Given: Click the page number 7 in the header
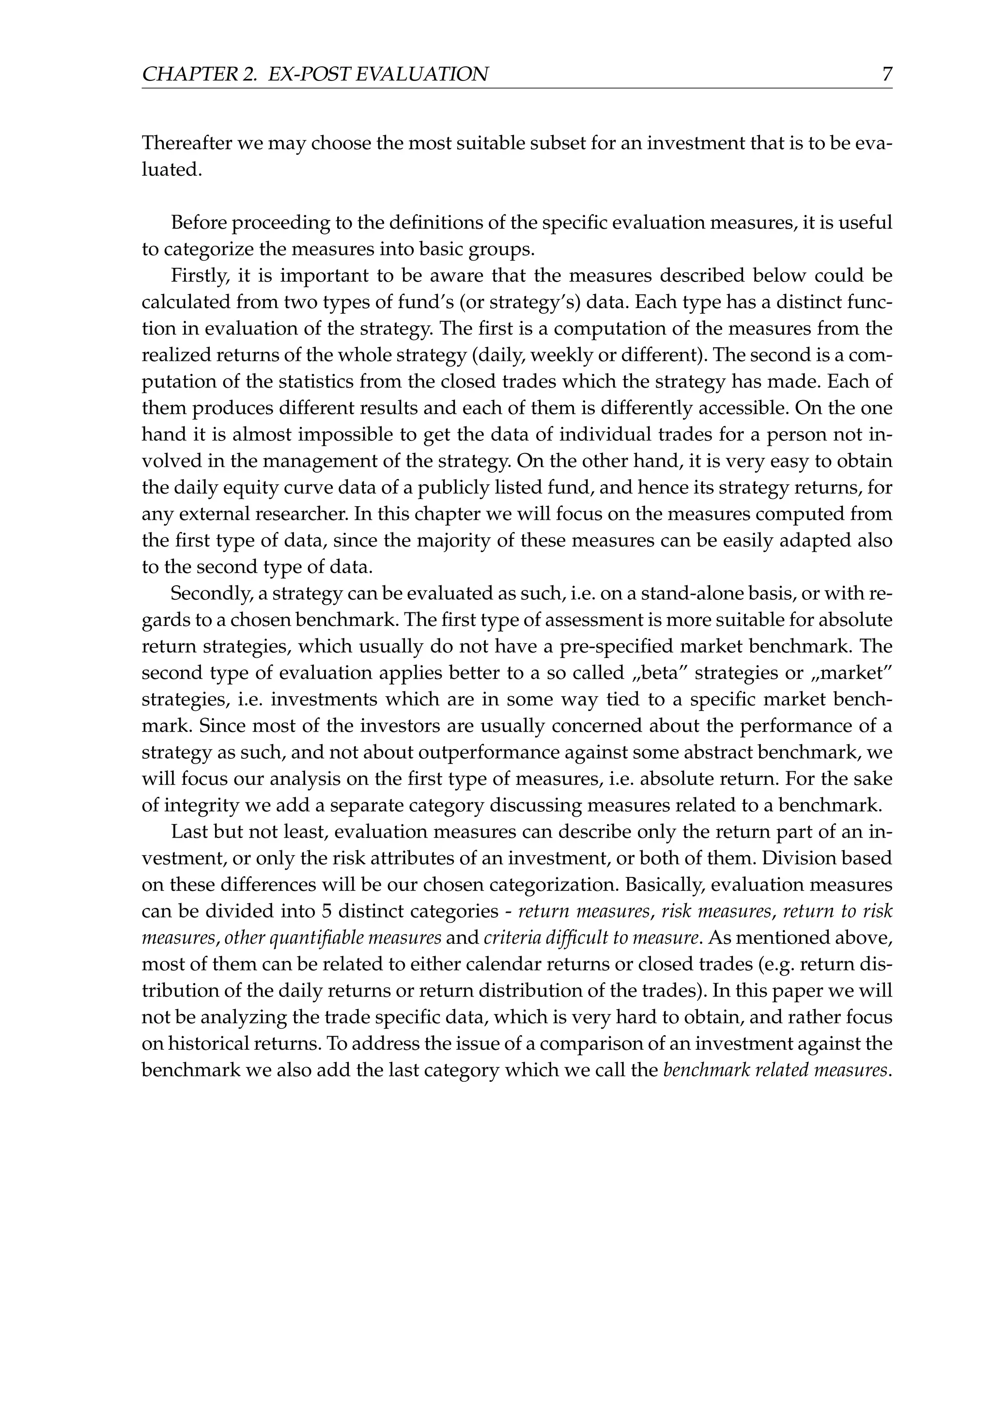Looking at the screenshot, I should click(887, 75).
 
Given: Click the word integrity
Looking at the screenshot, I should click(199, 805).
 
